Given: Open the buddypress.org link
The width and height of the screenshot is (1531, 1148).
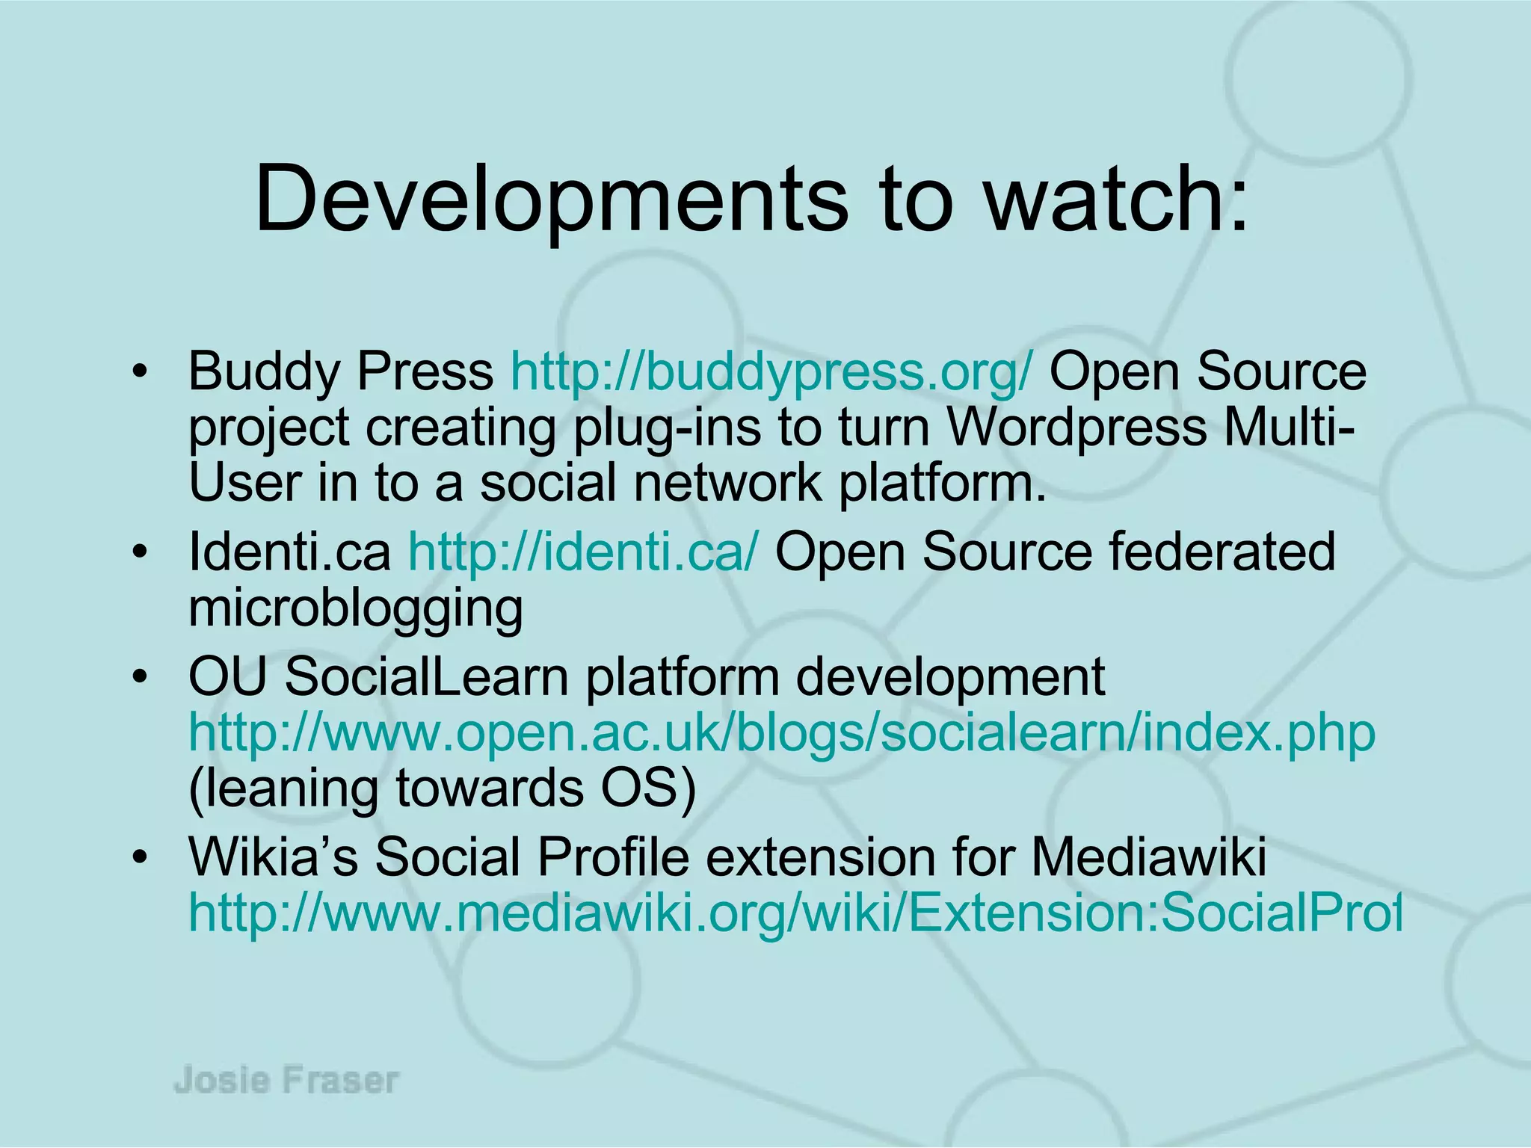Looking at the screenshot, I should pyautogui.click(x=771, y=371).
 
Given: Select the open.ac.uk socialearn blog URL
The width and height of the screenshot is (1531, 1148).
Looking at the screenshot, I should pyautogui.click(x=781, y=733).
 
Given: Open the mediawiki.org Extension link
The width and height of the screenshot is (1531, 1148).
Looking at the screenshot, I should pyautogui.click(x=794, y=913).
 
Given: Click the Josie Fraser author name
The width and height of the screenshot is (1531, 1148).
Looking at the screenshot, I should pyautogui.click(x=286, y=1081).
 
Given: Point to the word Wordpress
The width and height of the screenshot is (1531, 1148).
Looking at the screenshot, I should pyautogui.click(x=1077, y=427).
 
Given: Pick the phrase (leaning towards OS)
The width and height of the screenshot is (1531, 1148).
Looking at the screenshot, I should pyautogui.click(x=442, y=789).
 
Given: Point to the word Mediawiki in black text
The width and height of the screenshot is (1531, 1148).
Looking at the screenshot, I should pyautogui.click(x=1149, y=857).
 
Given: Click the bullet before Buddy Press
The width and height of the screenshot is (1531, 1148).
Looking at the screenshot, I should pyautogui.click(x=138, y=372).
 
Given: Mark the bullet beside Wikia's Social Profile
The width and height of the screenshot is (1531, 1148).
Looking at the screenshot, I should pyautogui.click(x=138, y=857).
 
